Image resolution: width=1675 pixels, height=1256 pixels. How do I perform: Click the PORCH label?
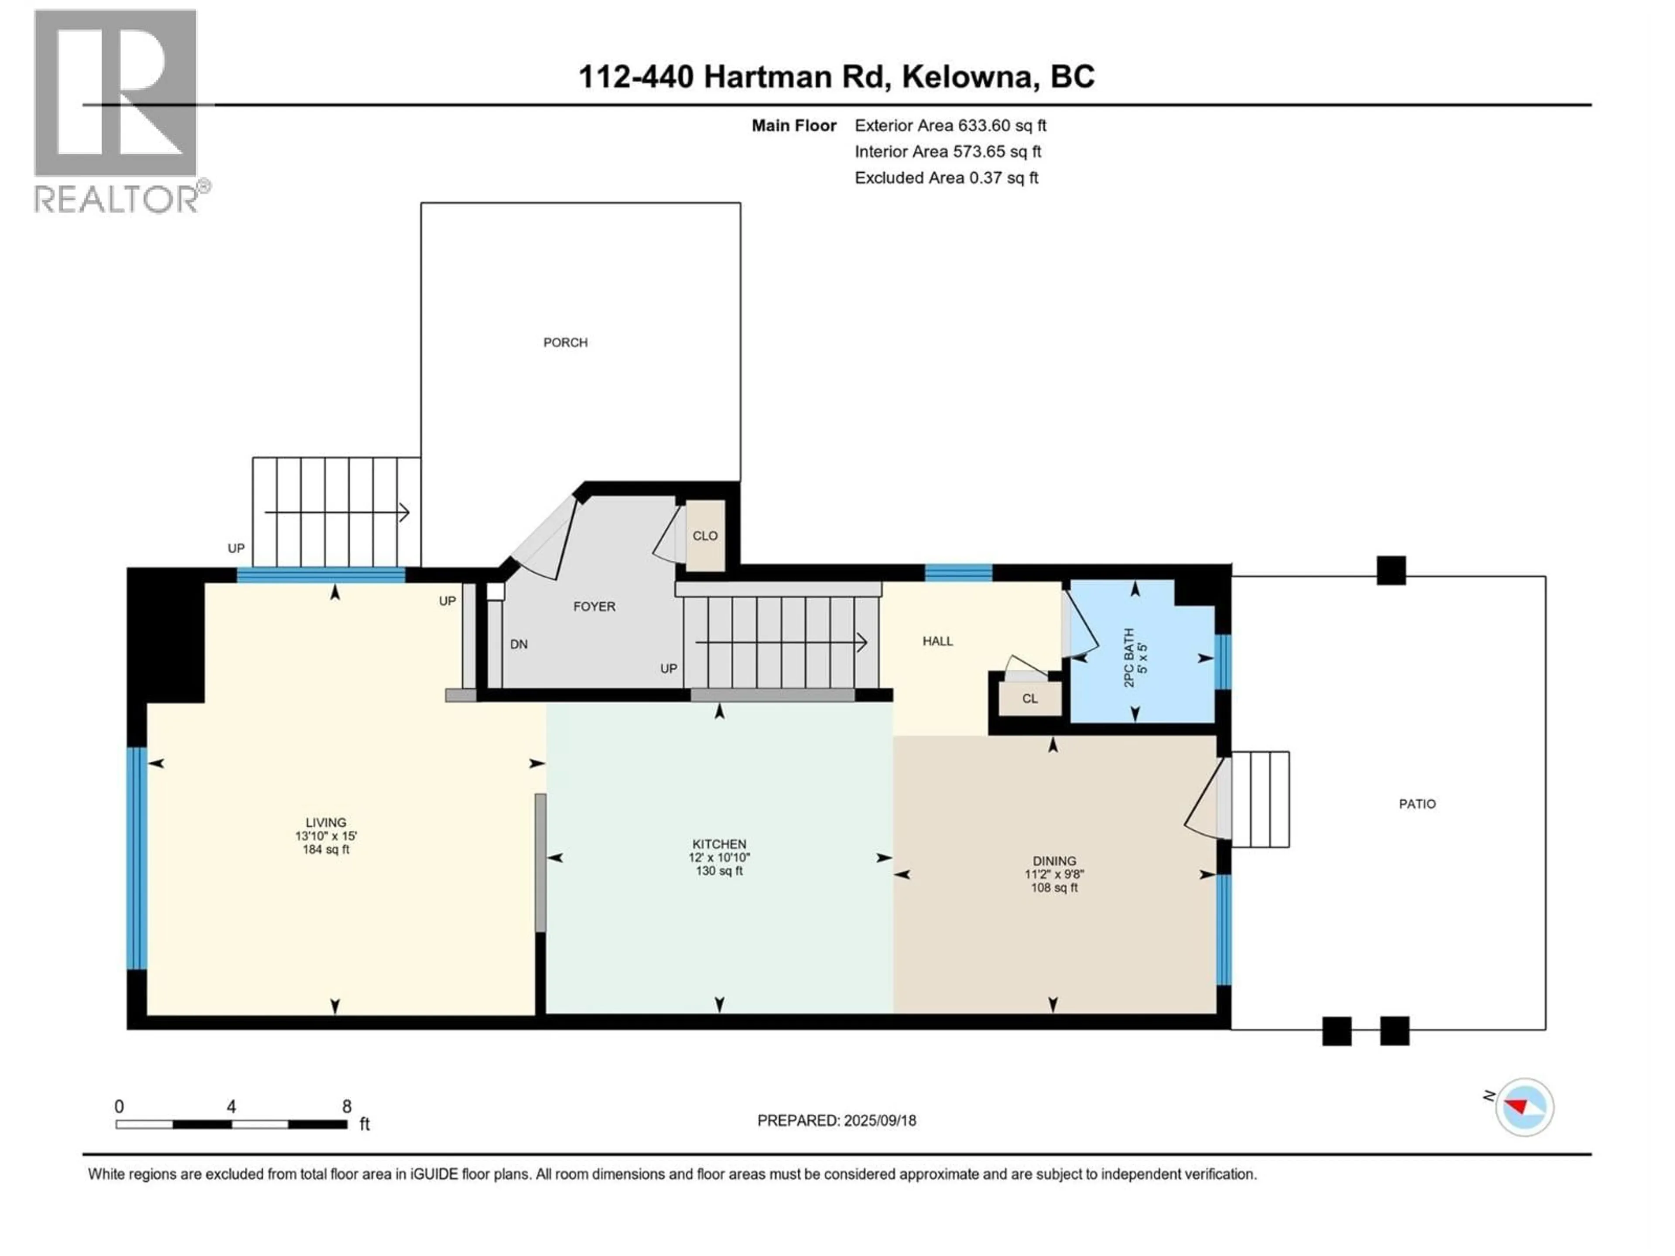pyautogui.click(x=565, y=342)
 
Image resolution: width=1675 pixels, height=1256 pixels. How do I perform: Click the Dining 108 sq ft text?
pyautogui.click(x=1054, y=887)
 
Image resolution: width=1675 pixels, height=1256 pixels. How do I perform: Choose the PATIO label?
pyautogui.click(x=1417, y=804)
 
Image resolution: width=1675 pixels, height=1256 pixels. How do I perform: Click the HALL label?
pyautogui.click(x=937, y=641)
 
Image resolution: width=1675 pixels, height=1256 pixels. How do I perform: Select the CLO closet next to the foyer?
pyautogui.click(x=705, y=535)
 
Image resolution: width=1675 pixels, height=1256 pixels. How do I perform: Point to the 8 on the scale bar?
pyautogui.click(x=347, y=1106)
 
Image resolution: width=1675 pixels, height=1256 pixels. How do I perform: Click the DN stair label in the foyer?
pyautogui.click(x=519, y=644)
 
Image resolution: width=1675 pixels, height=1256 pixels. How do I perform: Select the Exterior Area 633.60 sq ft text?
pyautogui.click(x=950, y=126)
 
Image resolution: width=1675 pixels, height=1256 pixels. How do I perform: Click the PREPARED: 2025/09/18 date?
pyautogui.click(x=837, y=1120)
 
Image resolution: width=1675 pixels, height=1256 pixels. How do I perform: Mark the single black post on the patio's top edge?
pyautogui.click(x=1391, y=570)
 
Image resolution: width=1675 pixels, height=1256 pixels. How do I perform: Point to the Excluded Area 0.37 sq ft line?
pyautogui.click(x=947, y=178)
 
